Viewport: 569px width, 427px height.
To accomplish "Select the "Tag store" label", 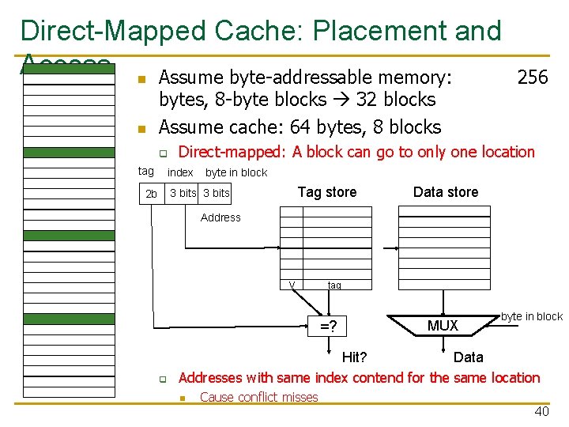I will coord(326,192).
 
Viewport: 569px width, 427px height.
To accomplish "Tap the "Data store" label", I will coord(446,192).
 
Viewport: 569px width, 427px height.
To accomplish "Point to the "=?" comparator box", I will coord(327,326).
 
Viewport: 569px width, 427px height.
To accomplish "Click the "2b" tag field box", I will coord(151,194).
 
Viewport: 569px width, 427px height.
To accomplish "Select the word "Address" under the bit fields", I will coord(220,217).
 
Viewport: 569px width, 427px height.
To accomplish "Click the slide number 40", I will coord(541,411).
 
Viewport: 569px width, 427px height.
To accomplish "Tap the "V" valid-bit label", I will coord(292,285).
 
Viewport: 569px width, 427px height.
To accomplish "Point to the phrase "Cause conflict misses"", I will coord(259,397).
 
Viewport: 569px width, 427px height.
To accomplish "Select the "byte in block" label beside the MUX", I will coord(532,316).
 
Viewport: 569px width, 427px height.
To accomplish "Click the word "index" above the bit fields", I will coord(181,172).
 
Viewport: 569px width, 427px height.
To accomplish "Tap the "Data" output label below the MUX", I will coord(469,357).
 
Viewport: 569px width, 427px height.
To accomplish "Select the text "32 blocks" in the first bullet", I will coord(396,100).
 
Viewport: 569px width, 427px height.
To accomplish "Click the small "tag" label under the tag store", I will coord(334,285).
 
